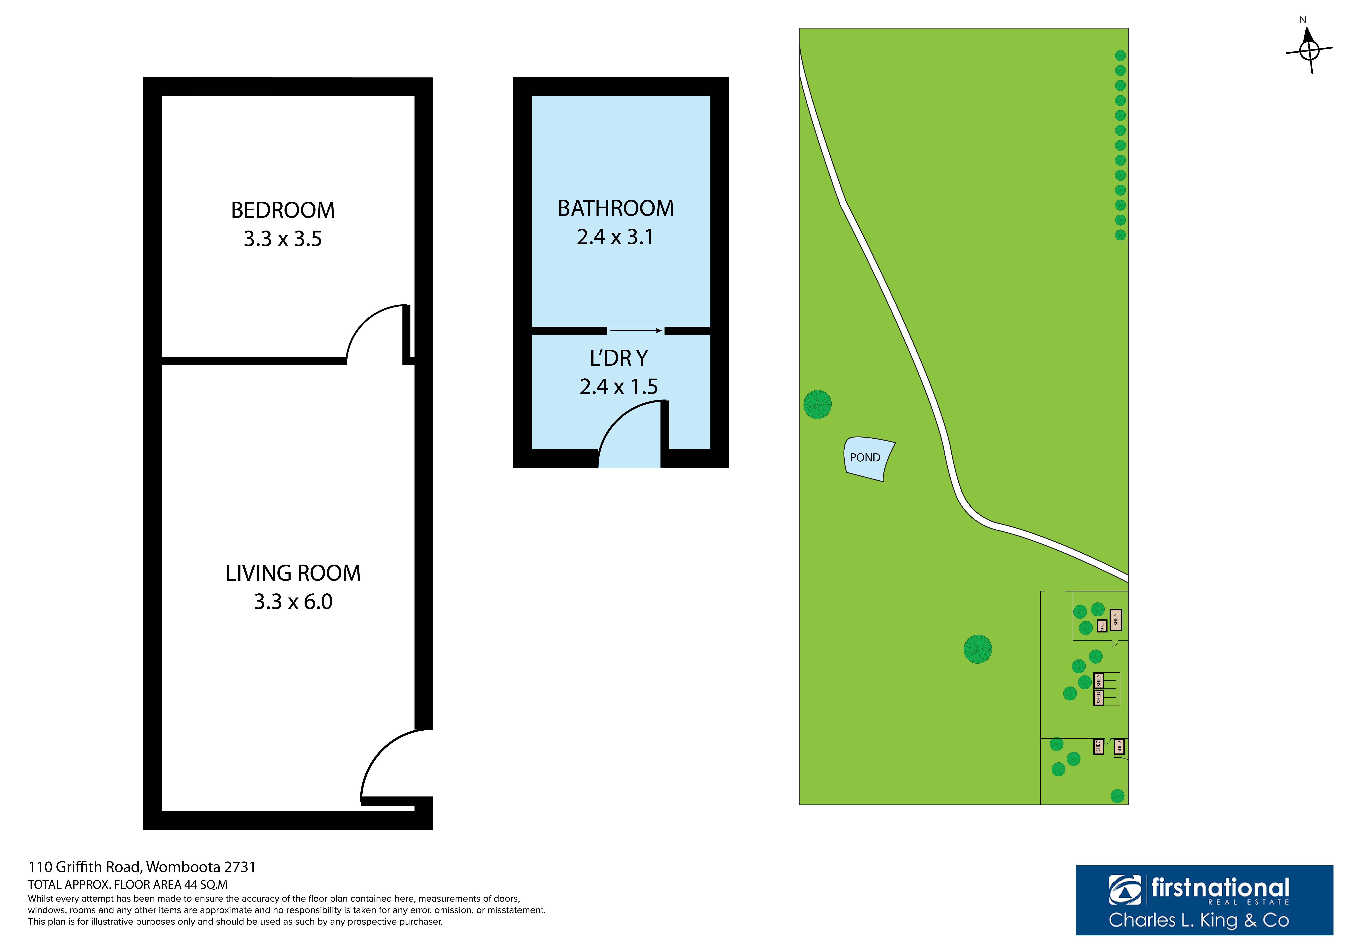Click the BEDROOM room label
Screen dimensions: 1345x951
tap(283, 210)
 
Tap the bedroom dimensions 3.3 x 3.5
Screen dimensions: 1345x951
tap(283, 239)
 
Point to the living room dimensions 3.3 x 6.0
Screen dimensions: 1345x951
tap(293, 601)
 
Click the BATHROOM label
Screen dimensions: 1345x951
tap(616, 208)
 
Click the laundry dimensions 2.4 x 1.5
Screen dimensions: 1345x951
tap(619, 386)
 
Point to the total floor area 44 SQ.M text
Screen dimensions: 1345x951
tap(128, 885)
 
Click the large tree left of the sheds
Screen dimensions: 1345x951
tap(978, 649)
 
